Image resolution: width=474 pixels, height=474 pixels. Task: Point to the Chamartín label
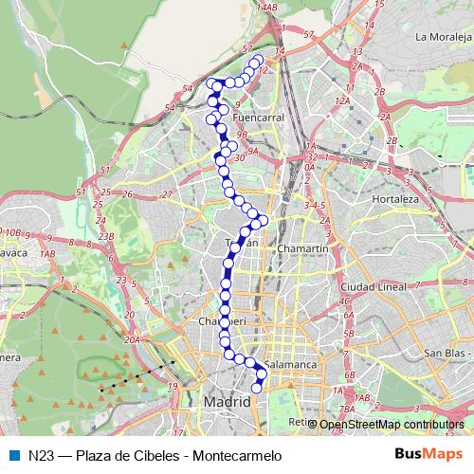303,247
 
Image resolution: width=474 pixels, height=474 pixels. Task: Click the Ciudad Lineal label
374,285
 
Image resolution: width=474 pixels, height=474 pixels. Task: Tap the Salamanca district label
288,363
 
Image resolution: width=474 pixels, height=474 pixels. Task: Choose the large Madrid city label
228,403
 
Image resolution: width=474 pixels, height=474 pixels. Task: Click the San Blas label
446,354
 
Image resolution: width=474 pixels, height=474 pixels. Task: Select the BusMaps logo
428,454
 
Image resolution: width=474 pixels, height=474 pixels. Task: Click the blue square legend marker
12,455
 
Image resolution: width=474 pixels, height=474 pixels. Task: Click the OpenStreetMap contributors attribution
391,425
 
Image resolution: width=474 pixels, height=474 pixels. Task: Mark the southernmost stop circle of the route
256,388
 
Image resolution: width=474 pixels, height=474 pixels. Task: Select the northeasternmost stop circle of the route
259,60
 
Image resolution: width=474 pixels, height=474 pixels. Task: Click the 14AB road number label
266,7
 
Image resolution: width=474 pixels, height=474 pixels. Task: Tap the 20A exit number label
132,339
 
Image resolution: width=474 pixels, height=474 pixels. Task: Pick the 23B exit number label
106,236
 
